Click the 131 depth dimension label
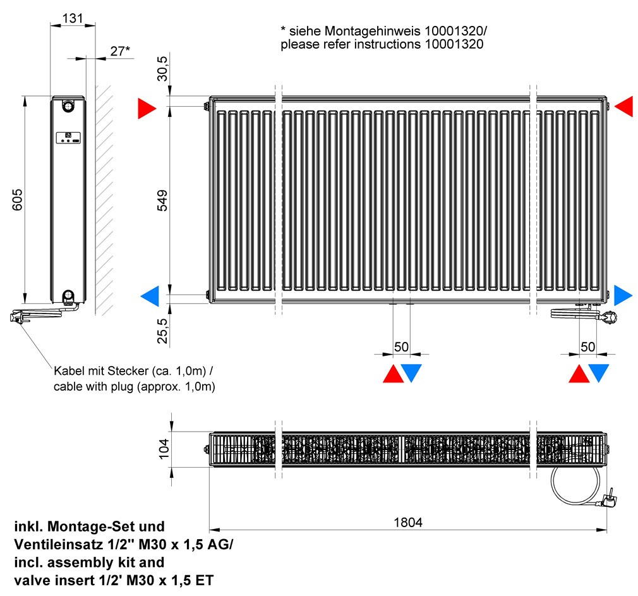point(73,18)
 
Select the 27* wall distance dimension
point(120,51)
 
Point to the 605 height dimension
point(18,200)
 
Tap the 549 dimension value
point(162,200)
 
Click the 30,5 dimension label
point(162,68)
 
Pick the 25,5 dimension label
point(162,331)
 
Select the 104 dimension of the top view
point(164,449)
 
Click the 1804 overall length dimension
point(407,522)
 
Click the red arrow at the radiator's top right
point(623,107)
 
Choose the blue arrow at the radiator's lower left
point(150,296)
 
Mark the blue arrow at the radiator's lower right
point(623,295)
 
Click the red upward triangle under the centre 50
point(393,374)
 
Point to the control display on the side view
point(68,138)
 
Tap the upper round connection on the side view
point(68,106)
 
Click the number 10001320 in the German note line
point(454,31)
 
